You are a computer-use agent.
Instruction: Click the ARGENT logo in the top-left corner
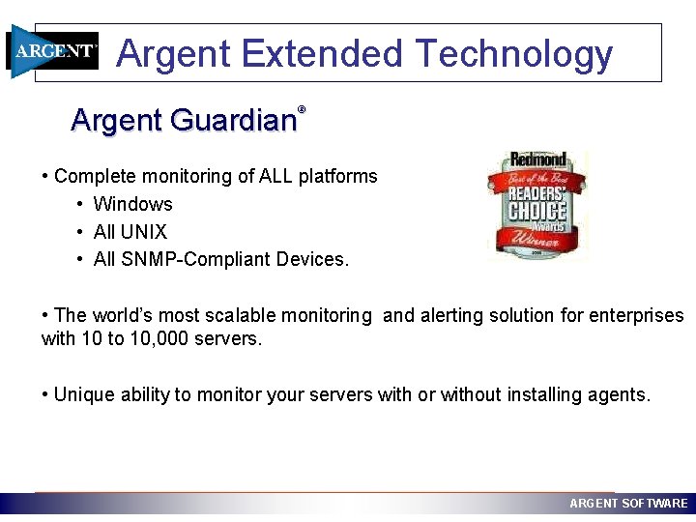click(x=53, y=51)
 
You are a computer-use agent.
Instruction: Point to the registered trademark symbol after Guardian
click(x=302, y=110)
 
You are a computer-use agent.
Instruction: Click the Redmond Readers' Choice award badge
click(x=536, y=205)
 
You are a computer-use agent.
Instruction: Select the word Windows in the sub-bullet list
click(x=132, y=204)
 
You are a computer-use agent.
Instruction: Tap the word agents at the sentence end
click(x=619, y=394)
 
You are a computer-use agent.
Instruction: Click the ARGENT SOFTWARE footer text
click(x=628, y=504)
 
